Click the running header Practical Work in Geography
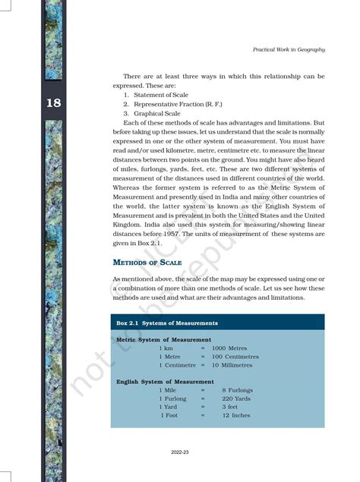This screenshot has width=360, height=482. point(289,49)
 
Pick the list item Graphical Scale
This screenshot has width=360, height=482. point(152,113)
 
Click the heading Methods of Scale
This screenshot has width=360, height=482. point(147,262)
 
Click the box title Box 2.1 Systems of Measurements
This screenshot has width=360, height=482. point(166,323)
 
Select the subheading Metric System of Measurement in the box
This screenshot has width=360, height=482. point(163,339)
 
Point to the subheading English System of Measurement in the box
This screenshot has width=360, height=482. point(165,381)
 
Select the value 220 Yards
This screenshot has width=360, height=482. point(237,399)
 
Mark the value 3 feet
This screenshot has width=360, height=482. point(230,407)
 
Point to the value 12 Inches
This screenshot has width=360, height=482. point(235,416)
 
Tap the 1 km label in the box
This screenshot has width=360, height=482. point(166,348)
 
